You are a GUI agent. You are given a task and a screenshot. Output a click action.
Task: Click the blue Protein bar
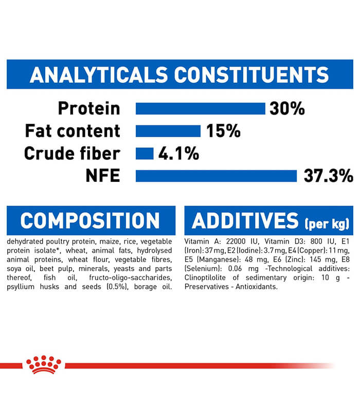pyautogui.click(x=201, y=108)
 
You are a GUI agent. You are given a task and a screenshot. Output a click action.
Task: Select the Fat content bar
pyautogui.click(x=168, y=131)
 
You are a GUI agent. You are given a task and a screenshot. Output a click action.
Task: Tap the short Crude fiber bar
pyautogui.click(x=145, y=154)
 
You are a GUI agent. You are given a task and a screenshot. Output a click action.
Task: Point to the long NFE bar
pyautogui.click(x=216, y=176)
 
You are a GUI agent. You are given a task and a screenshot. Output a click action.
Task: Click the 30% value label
pyautogui.click(x=287, y=108)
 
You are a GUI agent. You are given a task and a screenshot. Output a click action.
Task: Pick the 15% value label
pyautogui.click(x=223, y=131)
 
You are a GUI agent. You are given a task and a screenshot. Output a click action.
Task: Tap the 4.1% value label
pyautogui.click(x=178, y=154)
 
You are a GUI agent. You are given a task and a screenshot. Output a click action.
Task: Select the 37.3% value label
pyautogui.click(x=329, y=176)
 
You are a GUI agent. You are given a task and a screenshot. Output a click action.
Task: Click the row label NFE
pyautogui.click(x=103, y=176)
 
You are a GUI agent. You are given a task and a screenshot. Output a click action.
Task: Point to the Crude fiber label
pyautogui.click(x=72, y=153)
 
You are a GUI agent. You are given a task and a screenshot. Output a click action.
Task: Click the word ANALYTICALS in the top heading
pyautogui.click(x=99, y=75)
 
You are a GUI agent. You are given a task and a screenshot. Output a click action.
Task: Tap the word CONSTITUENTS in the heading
pyautogui.click(x=251, y=75)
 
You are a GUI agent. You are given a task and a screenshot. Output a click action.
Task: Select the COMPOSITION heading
pyautogui.click(x=90, y=221)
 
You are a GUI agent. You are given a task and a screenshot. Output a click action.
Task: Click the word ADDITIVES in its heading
pyautogui.click(x=245, y=221)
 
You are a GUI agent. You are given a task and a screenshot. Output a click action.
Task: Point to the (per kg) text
pyautogui.click(x=327, y=223)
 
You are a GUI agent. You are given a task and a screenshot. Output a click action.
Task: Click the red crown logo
pyautogui.click(x=44, y=365)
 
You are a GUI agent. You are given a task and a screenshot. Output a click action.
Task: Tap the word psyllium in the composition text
pyautogui.click(x=21, y=287)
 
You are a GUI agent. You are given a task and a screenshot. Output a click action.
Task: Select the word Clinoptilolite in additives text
pyautogui.click(x=205, y=277)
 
